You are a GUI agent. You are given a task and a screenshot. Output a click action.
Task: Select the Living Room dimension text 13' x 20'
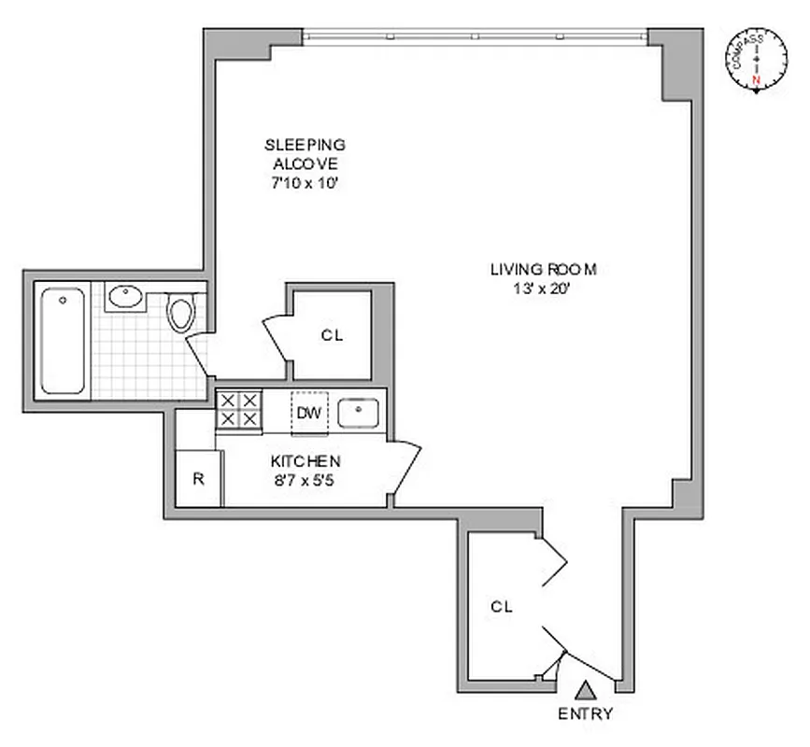(543, 289)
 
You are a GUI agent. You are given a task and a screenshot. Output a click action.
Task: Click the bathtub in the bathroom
(64, 341)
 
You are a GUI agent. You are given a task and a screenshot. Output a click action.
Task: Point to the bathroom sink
(124, 298)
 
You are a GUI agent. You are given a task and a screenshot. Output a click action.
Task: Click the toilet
(181, 312)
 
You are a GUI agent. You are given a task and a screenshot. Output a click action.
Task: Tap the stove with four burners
(237, 410)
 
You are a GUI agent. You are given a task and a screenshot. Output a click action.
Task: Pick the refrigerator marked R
(198, 478)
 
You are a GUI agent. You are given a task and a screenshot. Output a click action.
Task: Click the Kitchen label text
(305, 461)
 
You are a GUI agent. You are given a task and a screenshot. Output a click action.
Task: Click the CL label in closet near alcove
(332, 336)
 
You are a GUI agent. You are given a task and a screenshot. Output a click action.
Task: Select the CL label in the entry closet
(502, 606)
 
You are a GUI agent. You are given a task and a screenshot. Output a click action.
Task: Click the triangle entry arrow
(586, 691)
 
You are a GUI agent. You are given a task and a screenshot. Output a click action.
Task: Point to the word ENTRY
(586, 714)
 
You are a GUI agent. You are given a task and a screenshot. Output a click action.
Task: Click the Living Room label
(543, 270)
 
